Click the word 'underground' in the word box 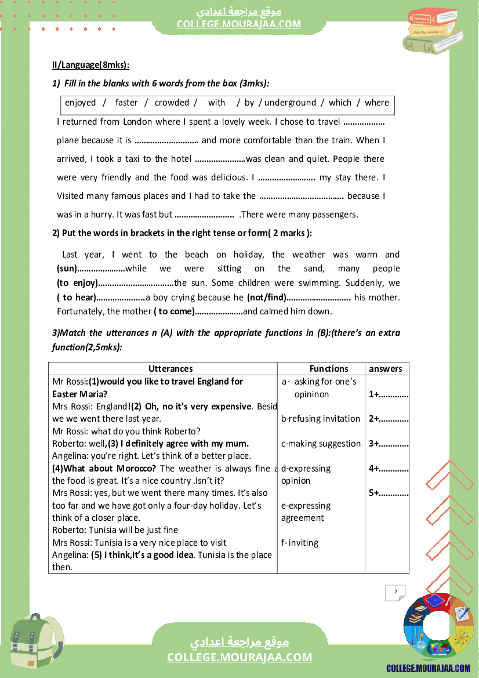pyautogui.click(x=290, y=103)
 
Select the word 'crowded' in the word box pyautogui.click(x=172, y=103)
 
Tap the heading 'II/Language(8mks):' pyautogui.click(x=90, y=65)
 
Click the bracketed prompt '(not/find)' pyautogui.click(x=267, y=298)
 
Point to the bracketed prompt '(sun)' pyautogui.click(x=67, y=269)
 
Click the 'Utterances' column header pyautogui.click(x=170, y=369)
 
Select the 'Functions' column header pyautogui.click(x=329, y=369)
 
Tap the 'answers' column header pyautogui.click(x=386, y=369)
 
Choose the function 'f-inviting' pyautogui.click(x=300, y=543)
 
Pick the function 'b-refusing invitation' pyautogui.click(x=321, y=419)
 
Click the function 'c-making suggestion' pyautogui.click(x=321, y=444)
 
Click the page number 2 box pyautogui.click(x=395, y=592)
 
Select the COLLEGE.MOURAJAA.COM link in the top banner pyautogui.click(x=239, y=24)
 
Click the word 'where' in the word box pyautogui.click(x=377, y=103)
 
